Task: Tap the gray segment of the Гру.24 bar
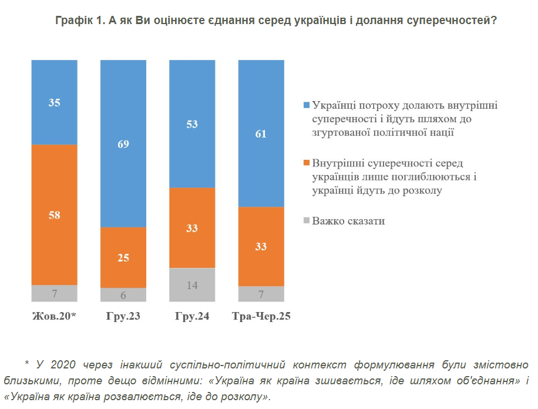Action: (192, 286)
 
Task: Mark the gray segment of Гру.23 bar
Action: (123, 295)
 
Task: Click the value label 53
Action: (192, 124)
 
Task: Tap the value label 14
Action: (192, 286)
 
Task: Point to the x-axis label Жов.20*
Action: (54, 317)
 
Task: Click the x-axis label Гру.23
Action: (123, 317)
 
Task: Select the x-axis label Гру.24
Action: (192, 317)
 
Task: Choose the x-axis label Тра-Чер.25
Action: (261, 317)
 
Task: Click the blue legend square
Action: (306, 105)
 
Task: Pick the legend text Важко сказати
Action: (348, 221)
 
